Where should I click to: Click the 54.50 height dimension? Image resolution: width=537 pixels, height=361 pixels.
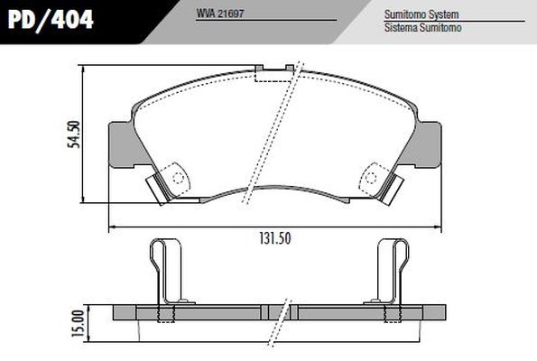[75, 135]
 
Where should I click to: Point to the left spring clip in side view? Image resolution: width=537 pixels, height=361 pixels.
[164, 271]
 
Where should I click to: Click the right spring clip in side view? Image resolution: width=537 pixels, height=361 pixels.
[391, 271]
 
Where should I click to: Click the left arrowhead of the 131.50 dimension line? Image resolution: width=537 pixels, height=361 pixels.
[112, 226]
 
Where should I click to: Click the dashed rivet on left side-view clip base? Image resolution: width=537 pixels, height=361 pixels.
[164, 313]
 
